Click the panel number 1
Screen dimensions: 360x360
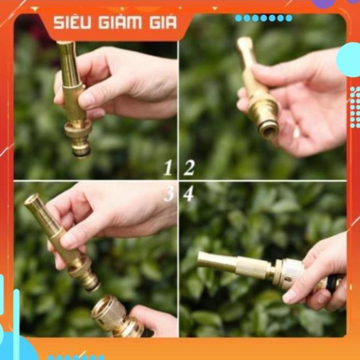[x=168, y=168]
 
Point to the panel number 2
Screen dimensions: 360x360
[x=189, y=168]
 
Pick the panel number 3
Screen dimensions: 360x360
[x=169, y=194]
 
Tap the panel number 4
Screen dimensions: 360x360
[x=188, y=194]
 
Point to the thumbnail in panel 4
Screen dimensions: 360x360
[x=291, y=297]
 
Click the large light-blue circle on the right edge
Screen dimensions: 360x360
[x=350, y=59]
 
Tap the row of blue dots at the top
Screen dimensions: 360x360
[x=264, y=18]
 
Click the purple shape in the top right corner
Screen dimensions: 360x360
[x=323, y=3]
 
